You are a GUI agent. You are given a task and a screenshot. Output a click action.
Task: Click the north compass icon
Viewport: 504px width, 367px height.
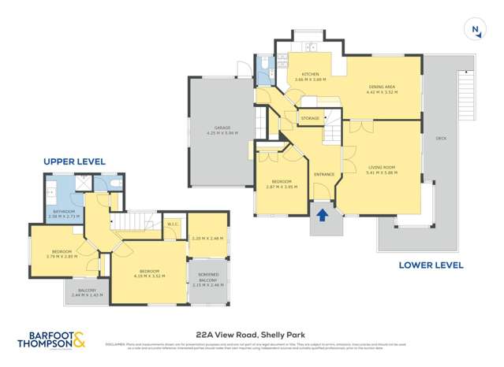coord(476,31)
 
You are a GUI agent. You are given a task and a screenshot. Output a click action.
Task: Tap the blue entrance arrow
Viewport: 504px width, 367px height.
coord(322,212)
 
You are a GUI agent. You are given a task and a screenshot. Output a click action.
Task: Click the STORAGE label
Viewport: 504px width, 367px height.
coord(310,118)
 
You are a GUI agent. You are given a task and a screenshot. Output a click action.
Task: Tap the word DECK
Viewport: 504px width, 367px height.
coord(440,139)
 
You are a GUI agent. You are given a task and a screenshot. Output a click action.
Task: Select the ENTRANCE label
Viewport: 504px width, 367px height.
coord(324,174)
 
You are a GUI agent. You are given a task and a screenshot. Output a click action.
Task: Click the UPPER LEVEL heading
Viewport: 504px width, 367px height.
coord(74,161)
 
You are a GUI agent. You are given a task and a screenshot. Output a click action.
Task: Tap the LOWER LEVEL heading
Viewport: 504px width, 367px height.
coord(431,265)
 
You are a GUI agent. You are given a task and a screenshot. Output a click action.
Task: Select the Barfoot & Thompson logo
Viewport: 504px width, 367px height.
coord(52,340)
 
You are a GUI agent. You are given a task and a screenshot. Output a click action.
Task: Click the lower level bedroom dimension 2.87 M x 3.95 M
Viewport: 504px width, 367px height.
coord(282,187)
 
